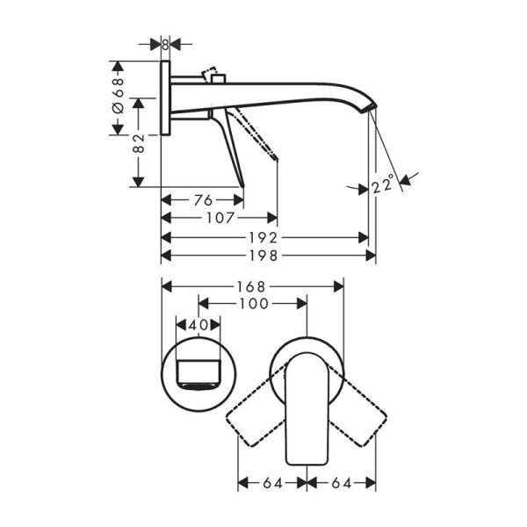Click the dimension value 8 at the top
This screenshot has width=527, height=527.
165,43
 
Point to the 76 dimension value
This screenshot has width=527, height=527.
202,200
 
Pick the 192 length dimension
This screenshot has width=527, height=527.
263,237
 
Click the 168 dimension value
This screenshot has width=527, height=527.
254,286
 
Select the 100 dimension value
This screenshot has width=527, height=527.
253,303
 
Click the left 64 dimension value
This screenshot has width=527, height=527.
271,482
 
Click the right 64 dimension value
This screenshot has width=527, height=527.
341,482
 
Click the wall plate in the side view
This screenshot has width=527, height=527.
165,97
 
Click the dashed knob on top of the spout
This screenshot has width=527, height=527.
213,73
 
